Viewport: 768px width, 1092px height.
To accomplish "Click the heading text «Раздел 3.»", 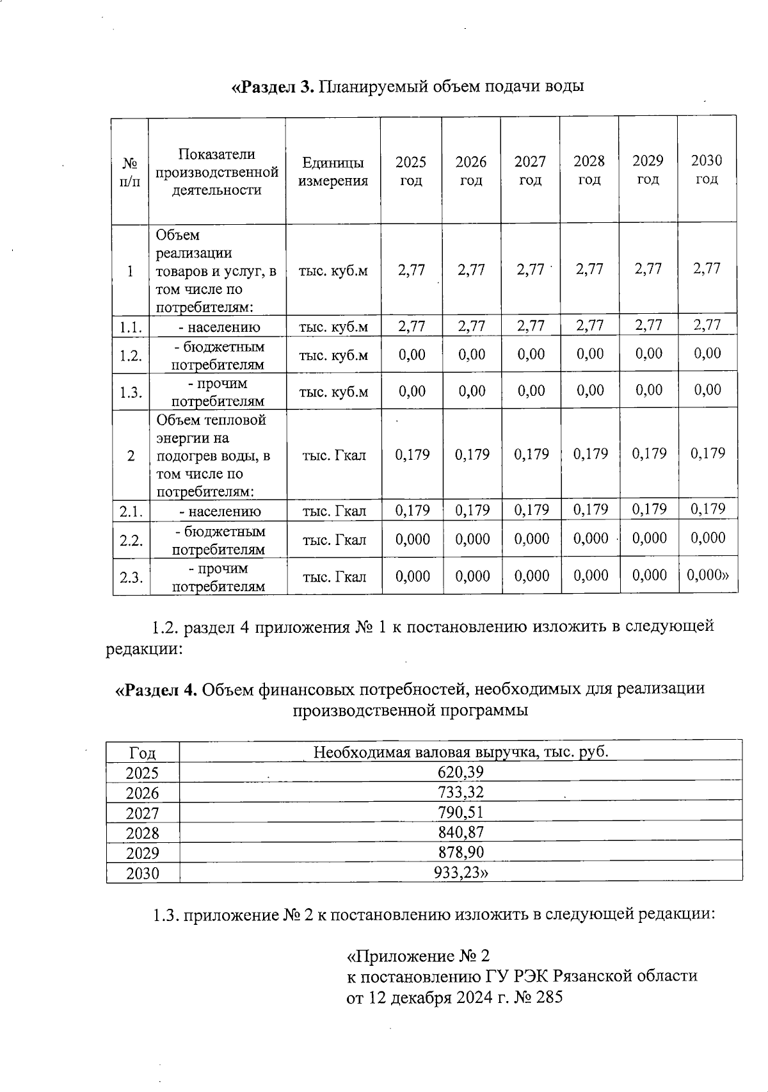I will [x=272, y=86].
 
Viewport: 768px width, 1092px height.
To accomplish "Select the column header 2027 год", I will [x=530, y=171].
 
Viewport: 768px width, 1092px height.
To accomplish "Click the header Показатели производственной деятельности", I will [x=217, y=172].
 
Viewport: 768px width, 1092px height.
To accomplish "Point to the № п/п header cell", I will [x=130, y=172].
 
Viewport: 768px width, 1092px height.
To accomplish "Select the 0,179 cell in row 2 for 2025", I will [x=412, y=455].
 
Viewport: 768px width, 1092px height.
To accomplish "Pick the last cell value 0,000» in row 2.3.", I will [x=708, y=575].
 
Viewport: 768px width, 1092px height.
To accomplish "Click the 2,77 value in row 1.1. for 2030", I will [x=707, y=325].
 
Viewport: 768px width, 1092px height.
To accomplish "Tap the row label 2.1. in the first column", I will [x=131, y=511].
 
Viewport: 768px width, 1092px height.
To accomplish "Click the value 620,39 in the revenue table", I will [x=461, y=772].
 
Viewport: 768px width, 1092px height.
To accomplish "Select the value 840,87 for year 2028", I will [x=461, y=832].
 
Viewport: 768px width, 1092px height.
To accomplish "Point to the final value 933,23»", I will [x=461, y=872].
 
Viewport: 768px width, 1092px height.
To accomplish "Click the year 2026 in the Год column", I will [x=142, y=793].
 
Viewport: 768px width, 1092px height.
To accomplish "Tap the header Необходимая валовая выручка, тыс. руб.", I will [x=461, y=751].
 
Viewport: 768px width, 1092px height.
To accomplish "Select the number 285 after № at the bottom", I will [x=549, y=997].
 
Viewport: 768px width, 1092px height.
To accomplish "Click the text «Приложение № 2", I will [x=418, y=956].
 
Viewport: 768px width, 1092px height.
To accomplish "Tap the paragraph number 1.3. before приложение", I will [x=166, y=915].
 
